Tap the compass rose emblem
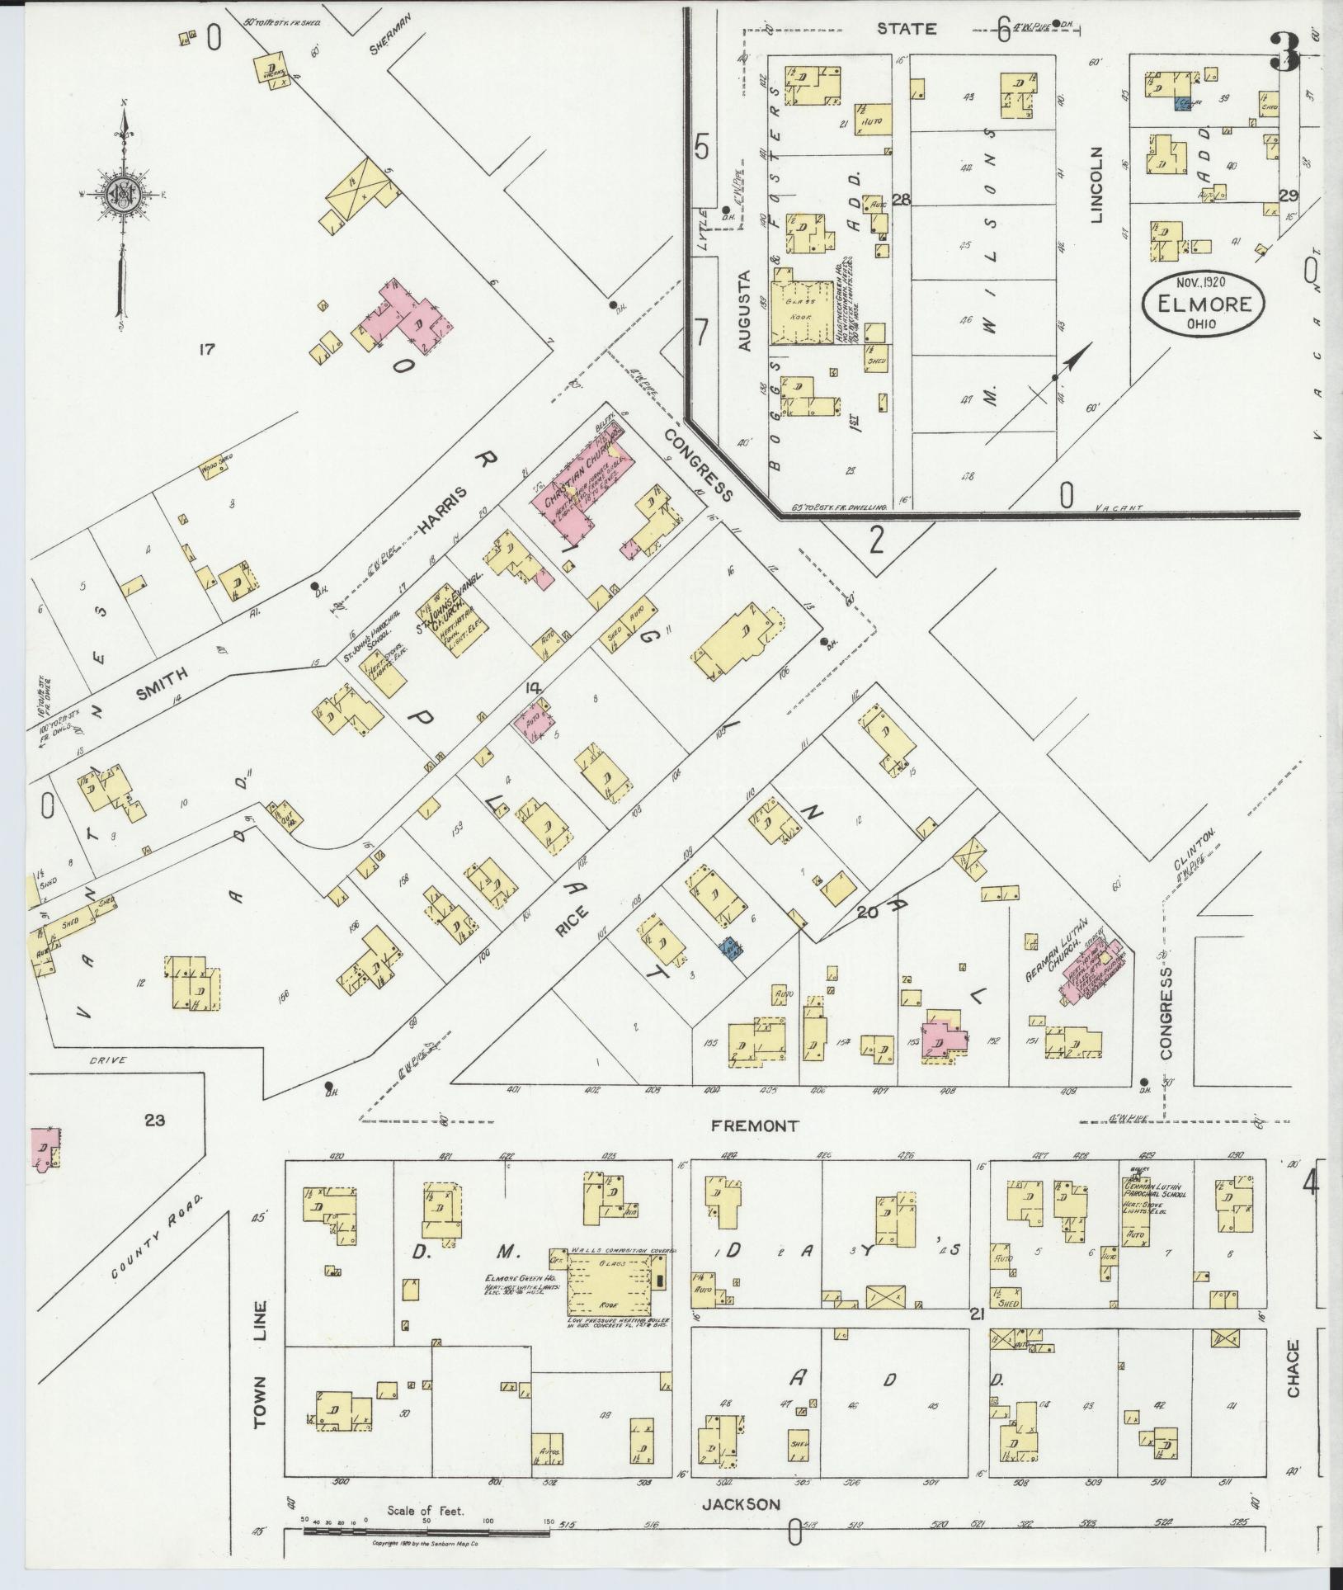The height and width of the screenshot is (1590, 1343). click(x=121, y=195)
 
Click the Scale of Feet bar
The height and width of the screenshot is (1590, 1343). click(x=425, y=1531)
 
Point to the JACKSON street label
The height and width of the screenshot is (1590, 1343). click(x=740, y=1504)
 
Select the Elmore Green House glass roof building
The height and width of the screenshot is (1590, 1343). click(x=610, y=1303)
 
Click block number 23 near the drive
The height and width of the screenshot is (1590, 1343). click(x=154, y=1120)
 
